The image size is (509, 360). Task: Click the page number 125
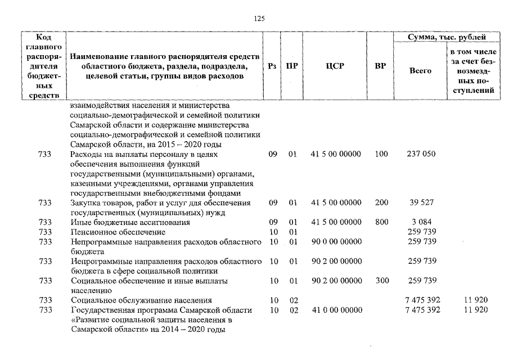259,19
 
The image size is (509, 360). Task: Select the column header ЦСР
335,66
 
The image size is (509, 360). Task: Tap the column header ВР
380,66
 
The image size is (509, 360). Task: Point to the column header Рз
272,66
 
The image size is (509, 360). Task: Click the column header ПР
291,66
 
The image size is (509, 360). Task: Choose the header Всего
420,71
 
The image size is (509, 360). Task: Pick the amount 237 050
421,154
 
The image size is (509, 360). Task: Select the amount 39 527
421,202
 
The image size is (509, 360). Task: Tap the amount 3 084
421,222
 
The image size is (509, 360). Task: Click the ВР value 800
381,222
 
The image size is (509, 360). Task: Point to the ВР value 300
381,281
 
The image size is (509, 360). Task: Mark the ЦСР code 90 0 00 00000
336,242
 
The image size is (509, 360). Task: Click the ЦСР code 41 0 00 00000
336,310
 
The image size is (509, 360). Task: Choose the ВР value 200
381,202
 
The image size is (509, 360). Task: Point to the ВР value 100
381,154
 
